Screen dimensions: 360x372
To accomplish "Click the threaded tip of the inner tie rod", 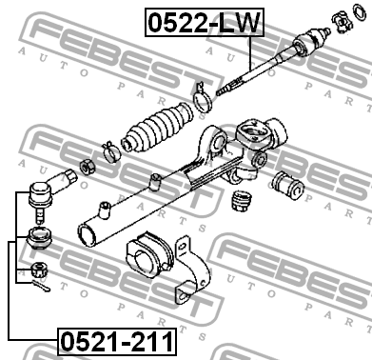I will [225, 89].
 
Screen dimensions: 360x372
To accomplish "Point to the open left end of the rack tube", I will [87, 234].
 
